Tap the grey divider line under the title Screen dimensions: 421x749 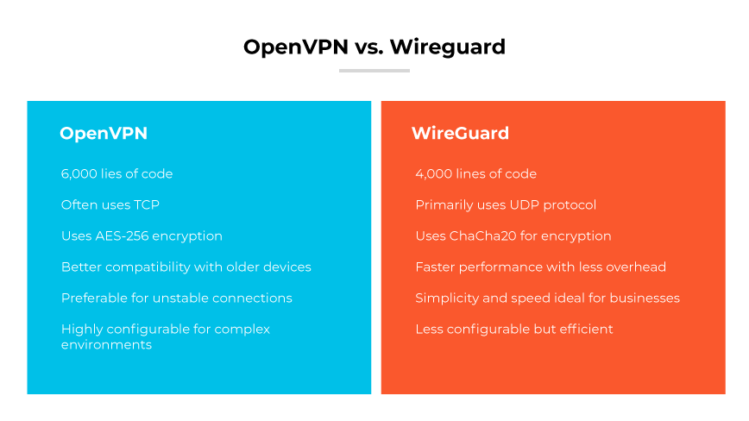click(x=374, y=71)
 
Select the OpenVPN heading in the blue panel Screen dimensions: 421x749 click(x=104, y=134)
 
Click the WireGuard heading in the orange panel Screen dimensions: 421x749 click(x=460, y=134)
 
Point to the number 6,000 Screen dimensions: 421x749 click(x=80, y=174)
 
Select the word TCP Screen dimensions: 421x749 click(x=146, y=205)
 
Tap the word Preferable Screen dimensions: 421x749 click(x=94, y=298)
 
